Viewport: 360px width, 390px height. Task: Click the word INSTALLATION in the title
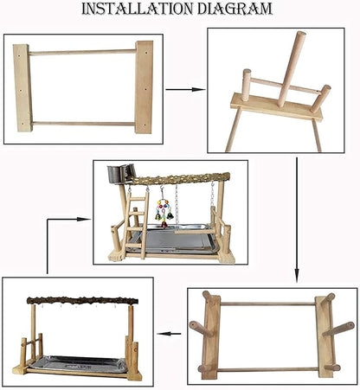(x=137, y=9)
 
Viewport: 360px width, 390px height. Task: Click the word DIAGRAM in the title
(x=235, y=9)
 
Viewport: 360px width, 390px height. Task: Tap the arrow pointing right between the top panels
(x=185, y=89)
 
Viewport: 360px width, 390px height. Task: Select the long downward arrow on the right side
(x=297, y=220)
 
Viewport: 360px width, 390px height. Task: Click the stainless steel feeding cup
(x=121, y=174)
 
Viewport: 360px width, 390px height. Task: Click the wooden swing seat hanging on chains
(x=195, y=231)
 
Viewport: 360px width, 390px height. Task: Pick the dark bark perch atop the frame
(x=82, y=301)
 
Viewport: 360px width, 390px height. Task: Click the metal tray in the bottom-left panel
(x=79, y=364)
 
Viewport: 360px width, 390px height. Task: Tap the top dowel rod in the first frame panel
(x=82, y=52)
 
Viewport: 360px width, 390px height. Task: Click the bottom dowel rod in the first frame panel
(x=83, y=124)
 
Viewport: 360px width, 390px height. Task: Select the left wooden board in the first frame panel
(x=22, y=88)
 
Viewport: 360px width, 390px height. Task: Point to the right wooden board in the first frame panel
(x=144, y=87)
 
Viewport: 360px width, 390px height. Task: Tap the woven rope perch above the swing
(x=180, y=179)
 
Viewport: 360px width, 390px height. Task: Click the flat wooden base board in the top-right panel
(x=276, y=107)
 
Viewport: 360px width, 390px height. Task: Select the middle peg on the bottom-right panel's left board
(x=200, y=329)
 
